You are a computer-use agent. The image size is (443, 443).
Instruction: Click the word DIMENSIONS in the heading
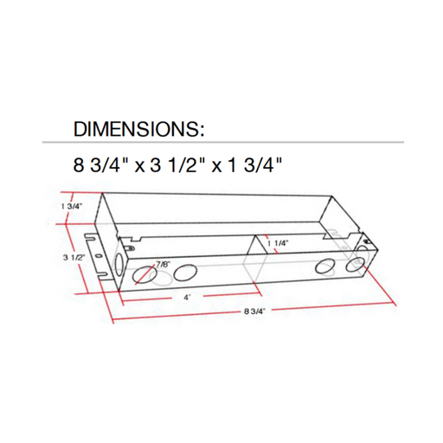point(139,130)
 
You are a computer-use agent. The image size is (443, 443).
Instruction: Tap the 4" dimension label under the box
point(187,297)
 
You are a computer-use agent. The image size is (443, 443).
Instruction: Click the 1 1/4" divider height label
point(278,243)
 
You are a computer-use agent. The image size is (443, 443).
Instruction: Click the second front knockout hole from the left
point(184,273)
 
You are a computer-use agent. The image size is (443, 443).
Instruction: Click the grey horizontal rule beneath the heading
point(221,142)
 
